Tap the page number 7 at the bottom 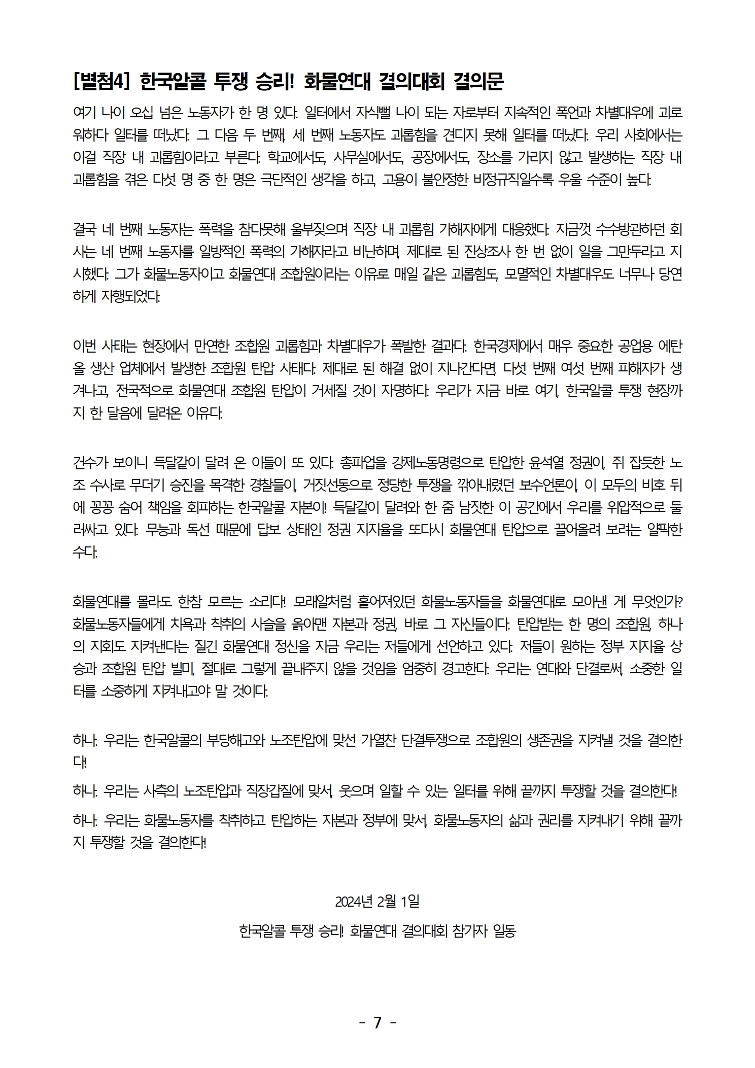click(377, 1023)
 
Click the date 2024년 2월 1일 click(377, 902)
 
